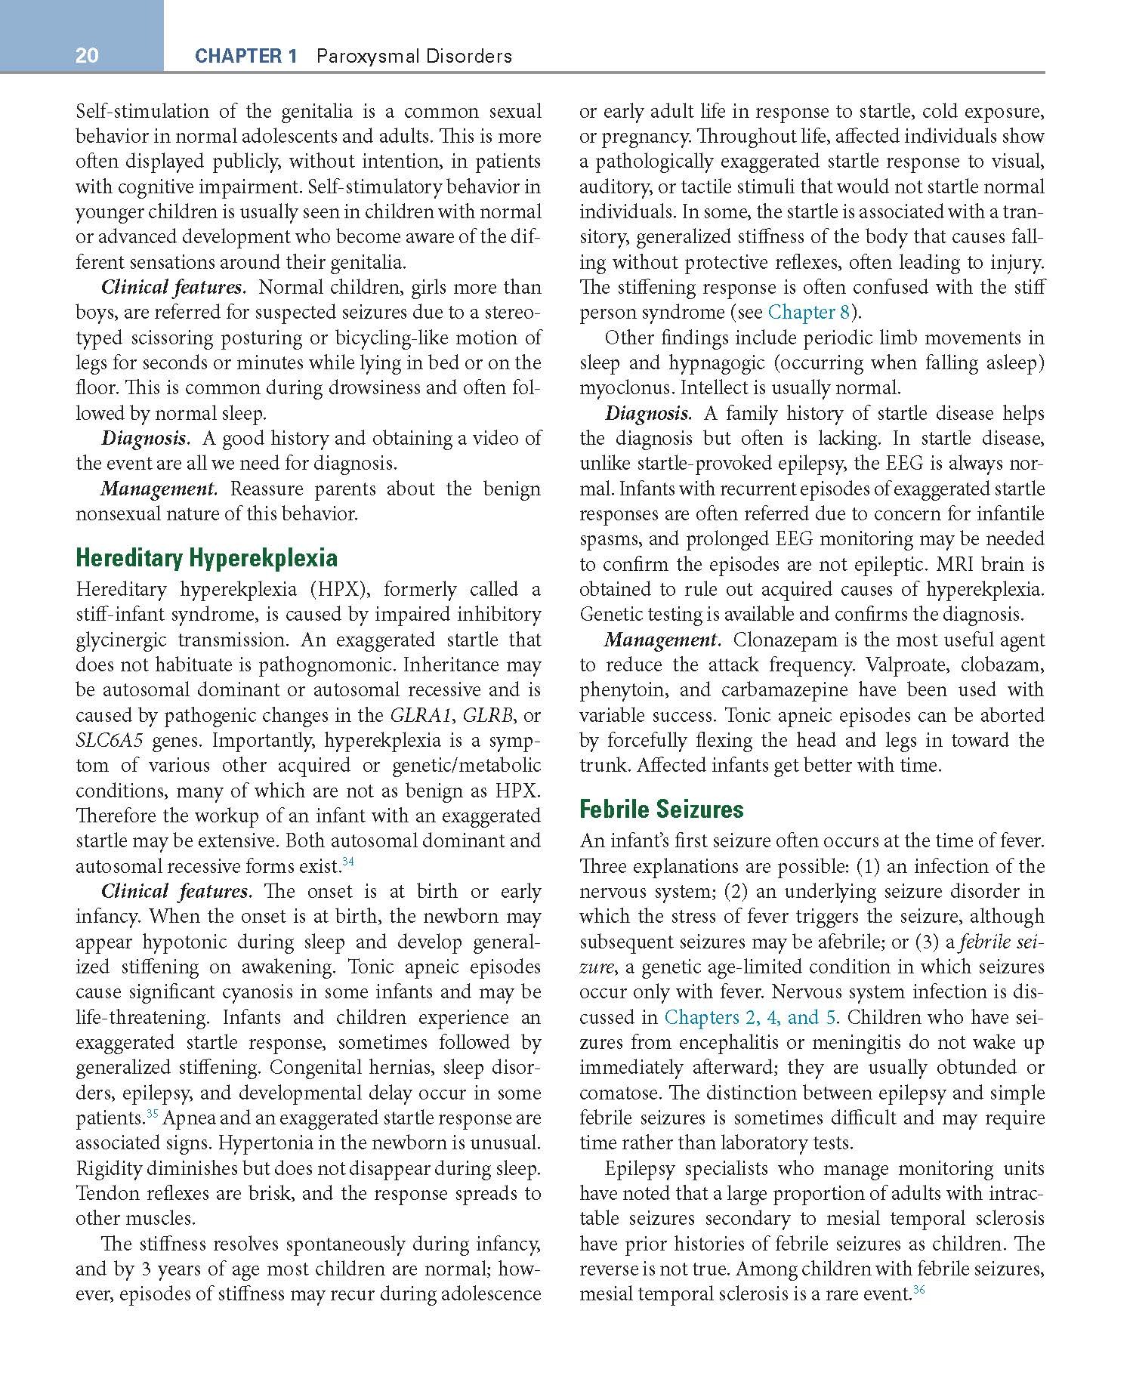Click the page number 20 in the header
pos(87,56)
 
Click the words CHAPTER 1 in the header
pos(246,56)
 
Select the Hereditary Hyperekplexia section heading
pos(206,558)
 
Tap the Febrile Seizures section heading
pos(661,810)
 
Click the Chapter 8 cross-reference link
pos(808,313)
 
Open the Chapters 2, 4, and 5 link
pos(749,1017)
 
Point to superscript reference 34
pos(348,862)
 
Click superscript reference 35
pos(151,1114)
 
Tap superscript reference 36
pos(918,1290)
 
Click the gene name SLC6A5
pos(110,741)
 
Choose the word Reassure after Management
pos(267,489)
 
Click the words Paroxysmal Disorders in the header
pos(413,56)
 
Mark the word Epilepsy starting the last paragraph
pos(639,1169)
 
